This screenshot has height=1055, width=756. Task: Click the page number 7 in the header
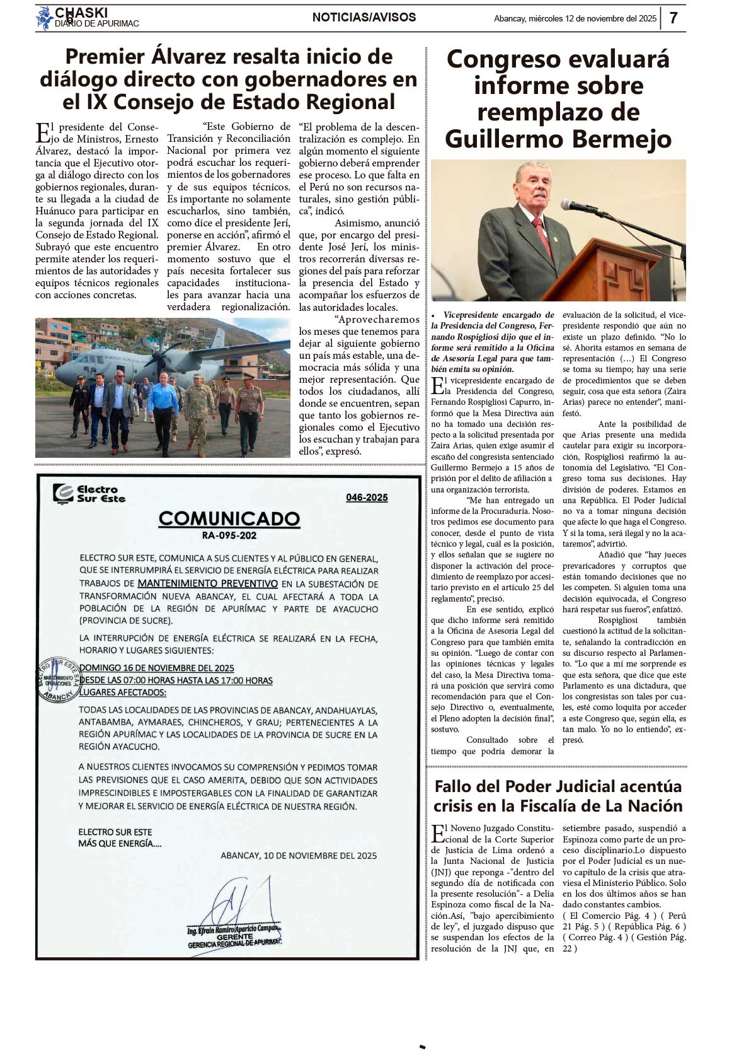pyautogui.click(x=673, y=18)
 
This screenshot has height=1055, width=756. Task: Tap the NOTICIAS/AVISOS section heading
pyautogui.click(x=364, y=18)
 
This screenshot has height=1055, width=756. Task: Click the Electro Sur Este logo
pyautogui.click(x=89, y=494)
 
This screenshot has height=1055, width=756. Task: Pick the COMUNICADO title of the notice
pyautogui.click(x=229, y=519)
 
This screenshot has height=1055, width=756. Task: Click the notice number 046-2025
pyautogui.click(x=367, y=498)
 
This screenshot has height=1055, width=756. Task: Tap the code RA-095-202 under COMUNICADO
pyautogui.click(x=229, y=535)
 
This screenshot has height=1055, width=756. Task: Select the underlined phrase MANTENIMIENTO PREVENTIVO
pyautogui.click(x=207, y=583)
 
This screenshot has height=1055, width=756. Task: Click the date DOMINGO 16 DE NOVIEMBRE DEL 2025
pyautogui.click(x=157, y=668)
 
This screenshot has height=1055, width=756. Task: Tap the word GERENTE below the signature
pyautogui.click(x=234, y=937)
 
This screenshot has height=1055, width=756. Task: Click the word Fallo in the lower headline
pyautogui.click(x=453, y=786)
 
